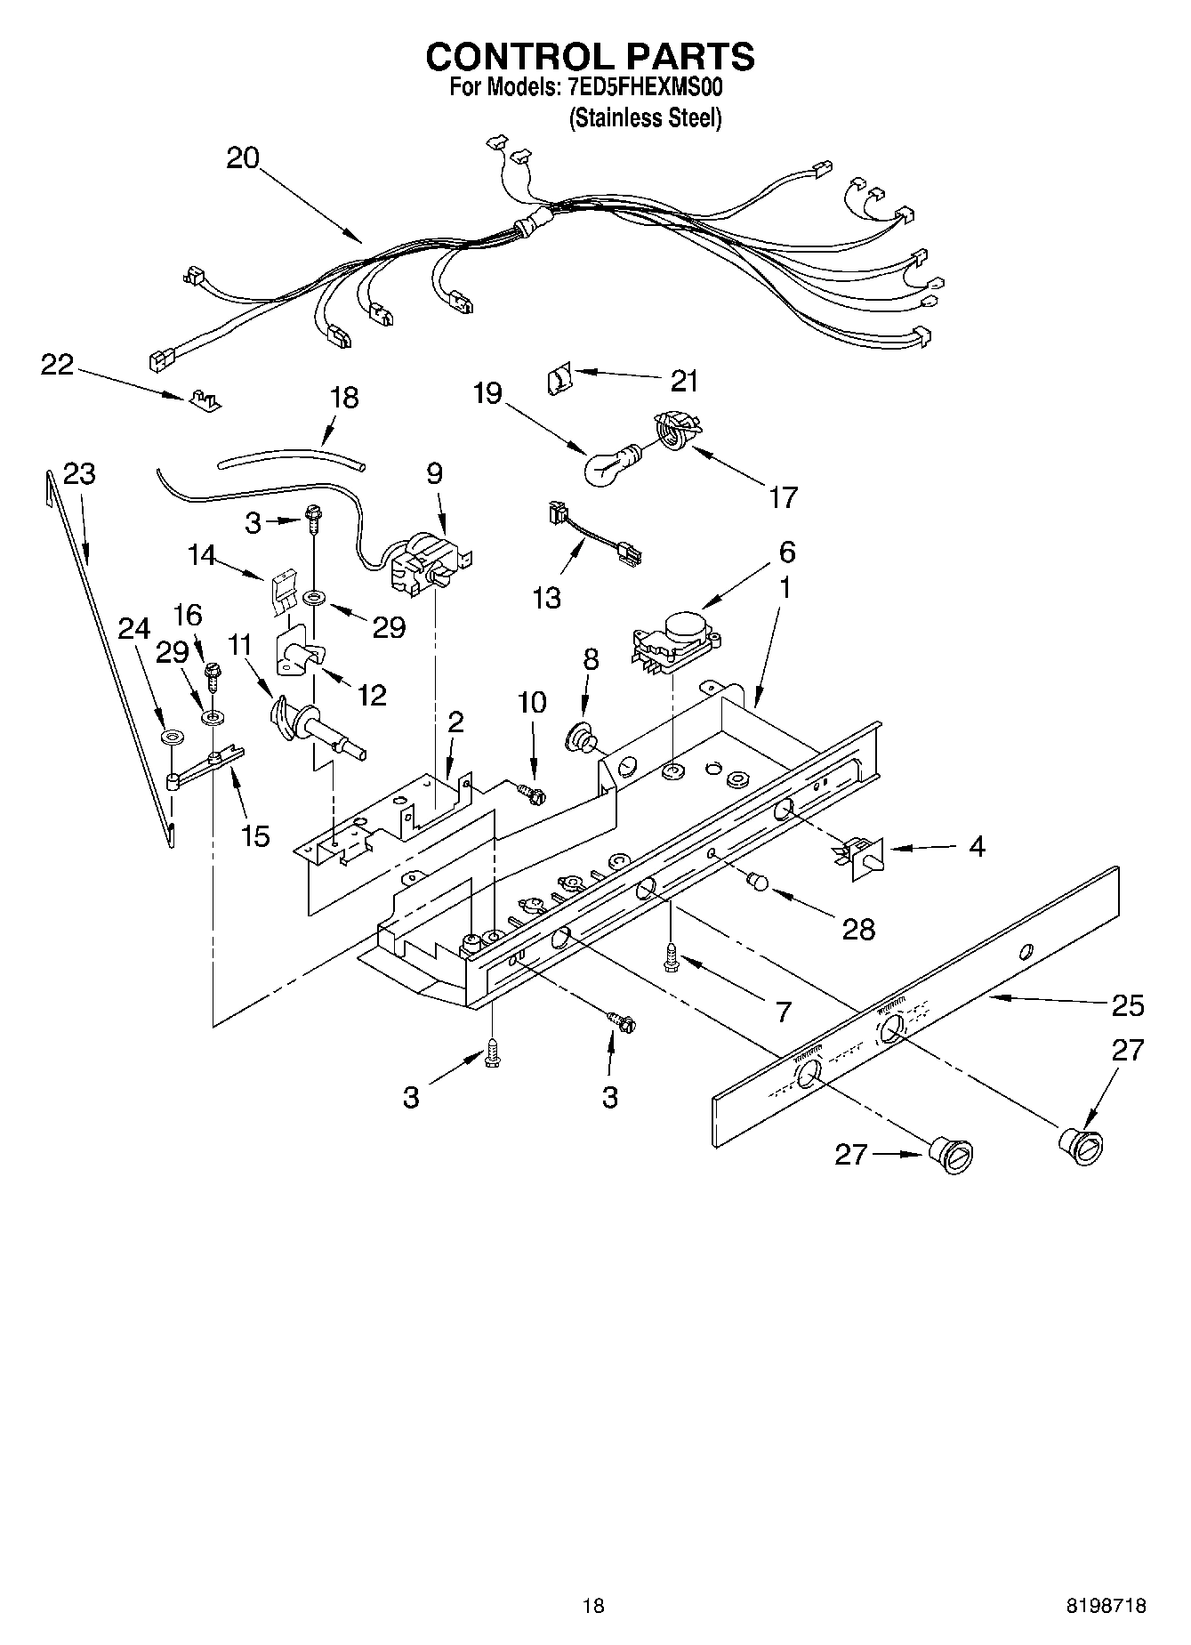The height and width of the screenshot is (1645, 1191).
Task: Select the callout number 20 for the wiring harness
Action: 242,158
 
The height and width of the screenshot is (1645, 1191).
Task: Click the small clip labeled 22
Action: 204,399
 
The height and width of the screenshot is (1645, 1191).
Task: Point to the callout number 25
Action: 1128,1005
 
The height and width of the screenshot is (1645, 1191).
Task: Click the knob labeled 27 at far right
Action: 1080,1144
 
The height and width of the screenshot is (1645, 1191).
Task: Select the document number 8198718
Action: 1106,1604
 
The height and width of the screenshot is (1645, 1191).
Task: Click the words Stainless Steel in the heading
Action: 645,118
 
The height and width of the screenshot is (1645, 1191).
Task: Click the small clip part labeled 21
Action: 557,380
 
